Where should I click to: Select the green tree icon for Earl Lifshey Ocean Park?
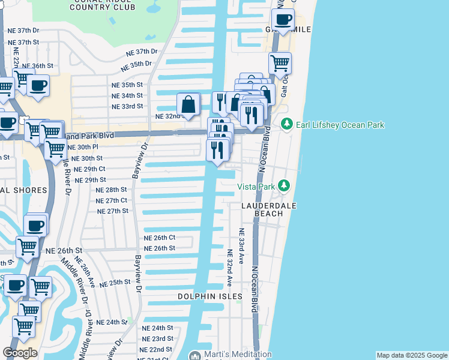point(287,124)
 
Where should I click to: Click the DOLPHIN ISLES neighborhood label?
point(209,296)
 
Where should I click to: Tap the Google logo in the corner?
point(20,353)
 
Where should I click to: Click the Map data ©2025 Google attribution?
point(412,355)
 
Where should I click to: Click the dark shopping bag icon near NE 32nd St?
point(188,104)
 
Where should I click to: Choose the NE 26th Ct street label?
point(159,238)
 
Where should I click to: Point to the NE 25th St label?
point(115,282)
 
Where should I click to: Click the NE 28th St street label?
point(112,190)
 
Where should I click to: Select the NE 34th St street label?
point(127,95)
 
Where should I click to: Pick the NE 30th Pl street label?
point(83,147)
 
